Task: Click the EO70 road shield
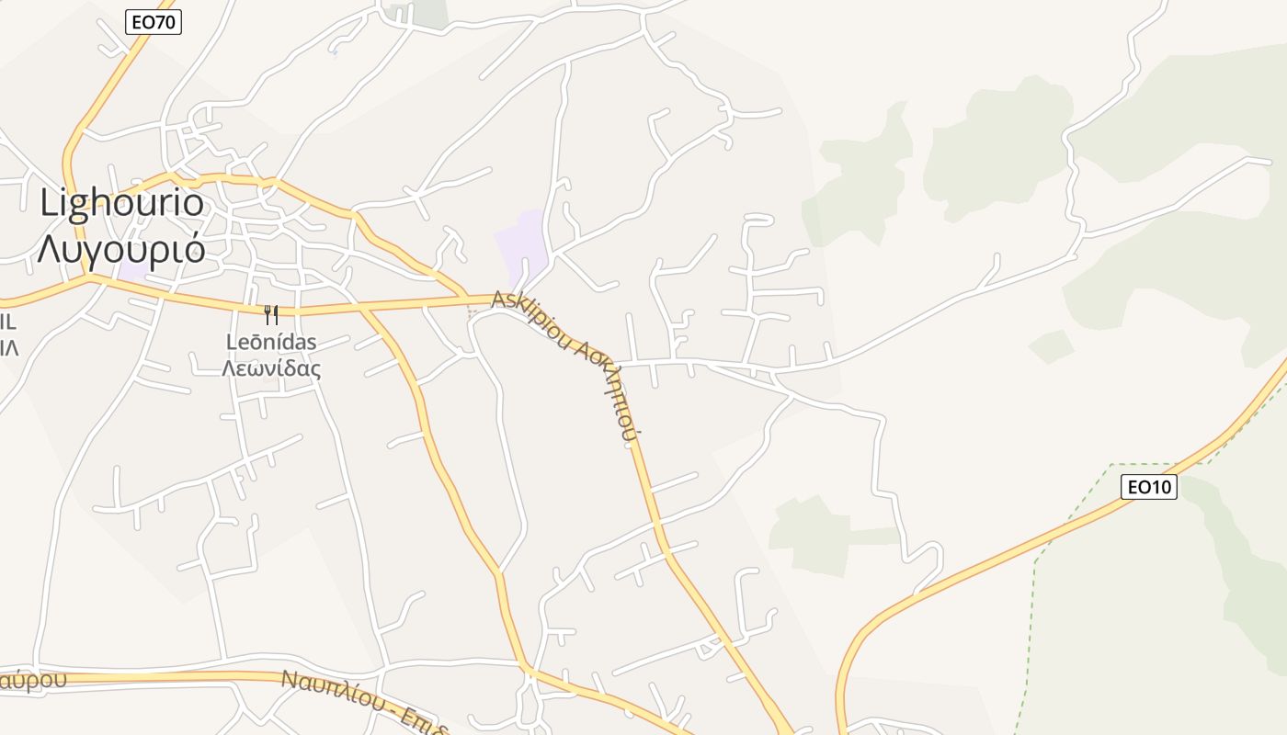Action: pyautogui.click(x=154, y=22)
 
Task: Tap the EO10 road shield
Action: pyautogui.click(x=1148, y=486)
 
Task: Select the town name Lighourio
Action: pyautogui.click(x=121, y=202)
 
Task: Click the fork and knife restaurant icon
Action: pyautogui.click(x=270, y=315)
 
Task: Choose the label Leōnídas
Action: pyautogui.click(x=271, y=343)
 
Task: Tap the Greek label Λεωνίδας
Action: pyautogui.click(x=271, y=369)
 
